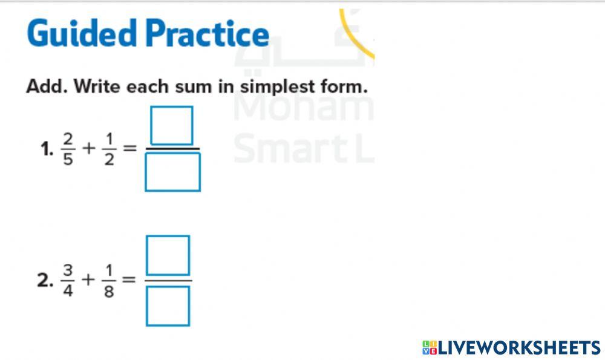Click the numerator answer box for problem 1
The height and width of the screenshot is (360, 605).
pos(172,125)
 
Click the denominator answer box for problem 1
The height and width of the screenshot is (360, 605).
pos(172,172)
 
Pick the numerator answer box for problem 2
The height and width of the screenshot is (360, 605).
pos(168,255)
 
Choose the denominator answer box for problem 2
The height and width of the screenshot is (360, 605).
pos(168,306)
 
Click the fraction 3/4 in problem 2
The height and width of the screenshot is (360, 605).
pos(67,280)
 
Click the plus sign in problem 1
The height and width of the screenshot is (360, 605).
pos(89,148)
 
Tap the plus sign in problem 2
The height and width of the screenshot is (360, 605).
pos(89,280)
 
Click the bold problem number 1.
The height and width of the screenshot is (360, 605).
pos(47,149)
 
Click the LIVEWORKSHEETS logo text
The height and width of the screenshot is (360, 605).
pos(511,347)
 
